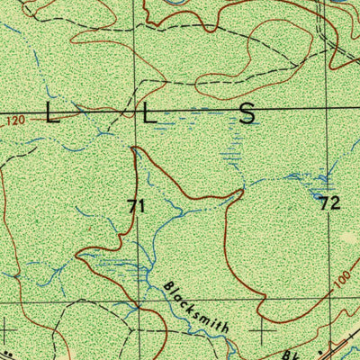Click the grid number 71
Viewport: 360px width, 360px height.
pyautogui.click(x=136, y=206)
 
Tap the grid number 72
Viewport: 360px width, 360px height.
pyautogui.click(x=329, y=203)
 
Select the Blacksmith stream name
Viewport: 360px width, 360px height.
pyautogui.click(x=197, y=307)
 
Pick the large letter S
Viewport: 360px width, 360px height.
pyautogui.click(x=247, y=113)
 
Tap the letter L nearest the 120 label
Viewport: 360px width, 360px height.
pyautogui.click(x=52, y=113)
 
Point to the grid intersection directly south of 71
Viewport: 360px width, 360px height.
pyautogui.click(x=138, y=300)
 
